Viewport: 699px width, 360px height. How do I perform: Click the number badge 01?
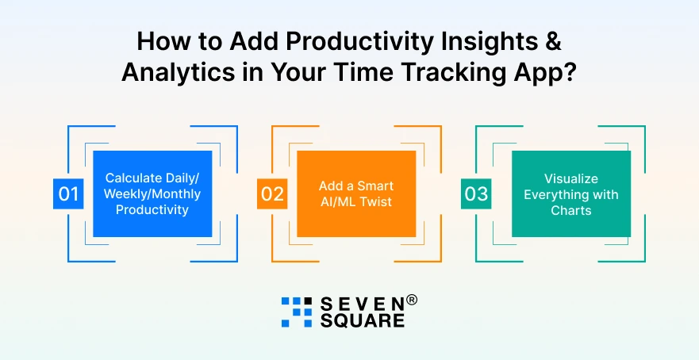pos(68,193)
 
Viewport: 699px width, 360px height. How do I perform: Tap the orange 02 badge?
pos(272,193)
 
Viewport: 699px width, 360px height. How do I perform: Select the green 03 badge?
pos(476,193)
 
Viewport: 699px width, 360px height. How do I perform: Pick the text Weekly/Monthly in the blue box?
pos(152,194)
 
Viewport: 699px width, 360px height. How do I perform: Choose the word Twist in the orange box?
pos(378,202)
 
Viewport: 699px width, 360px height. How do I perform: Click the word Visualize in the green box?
pos(570,178)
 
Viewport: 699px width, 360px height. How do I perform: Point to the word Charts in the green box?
pos(570,210)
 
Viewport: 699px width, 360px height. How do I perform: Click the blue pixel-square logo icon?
pos(297,312)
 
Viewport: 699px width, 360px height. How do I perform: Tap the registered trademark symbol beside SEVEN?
pos(412,301)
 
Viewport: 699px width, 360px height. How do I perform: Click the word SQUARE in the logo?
pos(363,320)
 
